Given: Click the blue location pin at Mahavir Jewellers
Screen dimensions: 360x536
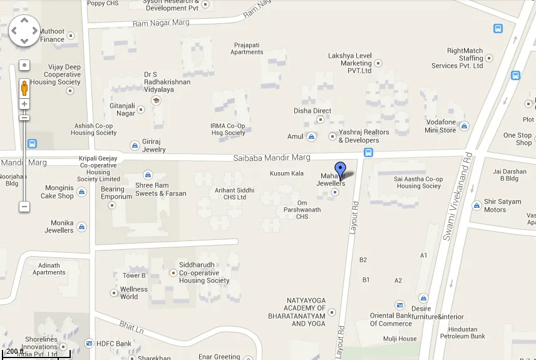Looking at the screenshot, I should (x=340, y=169).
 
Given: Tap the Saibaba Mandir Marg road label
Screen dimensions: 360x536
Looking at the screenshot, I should (x=272, y=158).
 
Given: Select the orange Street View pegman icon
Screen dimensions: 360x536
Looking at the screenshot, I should (x=24, y=88).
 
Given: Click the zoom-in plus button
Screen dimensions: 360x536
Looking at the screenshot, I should (x=24, y=104).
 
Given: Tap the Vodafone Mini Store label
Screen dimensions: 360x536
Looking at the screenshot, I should (x=440, y=126).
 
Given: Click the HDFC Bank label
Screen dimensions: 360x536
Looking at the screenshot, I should (x=114, y=344).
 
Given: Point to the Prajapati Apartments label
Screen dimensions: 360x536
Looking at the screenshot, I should (x=247, y=49).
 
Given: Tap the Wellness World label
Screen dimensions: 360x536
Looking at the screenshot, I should (x=133, y=293).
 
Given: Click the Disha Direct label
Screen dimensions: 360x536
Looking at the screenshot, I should (x=312, y=111).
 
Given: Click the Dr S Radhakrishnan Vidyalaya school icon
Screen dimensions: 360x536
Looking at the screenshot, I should (x=157, y=100).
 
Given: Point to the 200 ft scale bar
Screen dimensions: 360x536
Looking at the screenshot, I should (x=35, y=355).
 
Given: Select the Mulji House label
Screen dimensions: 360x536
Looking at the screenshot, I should (x=399, y=339).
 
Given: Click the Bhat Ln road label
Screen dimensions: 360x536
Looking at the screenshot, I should (x=131, y=327).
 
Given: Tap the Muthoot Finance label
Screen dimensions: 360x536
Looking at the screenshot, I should (x=52, y=35).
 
